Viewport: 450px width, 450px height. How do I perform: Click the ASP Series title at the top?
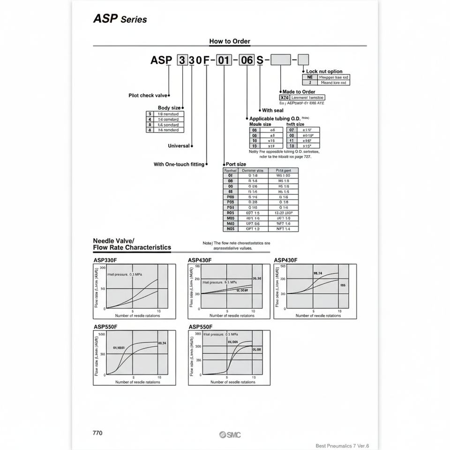(x=120, y=19)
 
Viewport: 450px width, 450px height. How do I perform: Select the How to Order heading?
(x=230, y=41)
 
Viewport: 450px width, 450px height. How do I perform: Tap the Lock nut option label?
(x=324, y=71)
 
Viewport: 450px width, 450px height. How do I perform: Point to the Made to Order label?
(x=299, y=92)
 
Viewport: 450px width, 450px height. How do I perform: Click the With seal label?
(x=273, y=111)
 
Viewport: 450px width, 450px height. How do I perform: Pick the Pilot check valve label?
(x=147, y=96)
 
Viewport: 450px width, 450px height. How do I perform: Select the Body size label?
(x=169, y=108)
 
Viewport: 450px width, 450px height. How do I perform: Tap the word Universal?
(x=179, y=146)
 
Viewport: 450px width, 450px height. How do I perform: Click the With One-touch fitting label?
(x=179, y=165)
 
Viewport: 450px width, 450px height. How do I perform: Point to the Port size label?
(x=236, y=165)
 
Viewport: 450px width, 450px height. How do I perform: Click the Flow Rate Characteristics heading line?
(x=132, y=247)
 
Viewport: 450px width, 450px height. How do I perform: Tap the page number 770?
(x=97, y=433)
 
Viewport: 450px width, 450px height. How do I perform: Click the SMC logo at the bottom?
(x=230, y=435)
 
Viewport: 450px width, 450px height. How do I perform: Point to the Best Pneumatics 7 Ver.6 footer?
(x=343, y=446)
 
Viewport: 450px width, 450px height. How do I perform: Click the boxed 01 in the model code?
(x=224, y=60)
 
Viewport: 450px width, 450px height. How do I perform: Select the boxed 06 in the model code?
(x=247, y=60)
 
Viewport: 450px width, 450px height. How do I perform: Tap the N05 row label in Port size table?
(x=230, y=229)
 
